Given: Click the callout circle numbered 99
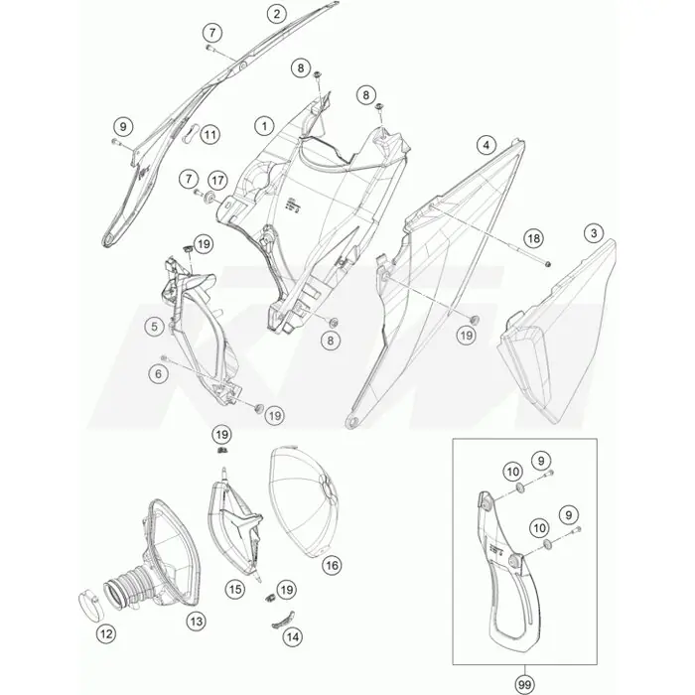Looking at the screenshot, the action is point(524,685).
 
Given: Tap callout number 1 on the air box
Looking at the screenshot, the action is point(265,126).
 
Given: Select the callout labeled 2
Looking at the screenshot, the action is point(277,14).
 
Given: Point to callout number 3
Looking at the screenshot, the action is point(486,145).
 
